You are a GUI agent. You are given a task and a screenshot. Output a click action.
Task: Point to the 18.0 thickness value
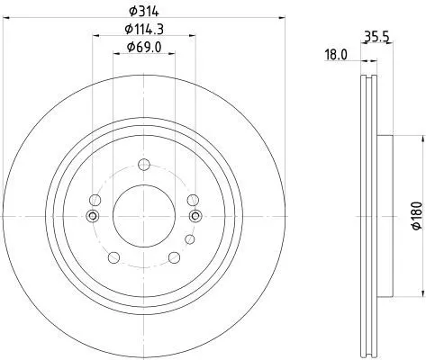pos(336,55)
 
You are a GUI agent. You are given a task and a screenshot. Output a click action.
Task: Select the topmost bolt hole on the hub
pos(144,164)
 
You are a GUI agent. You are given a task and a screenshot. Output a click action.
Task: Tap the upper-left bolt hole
pos(96,199)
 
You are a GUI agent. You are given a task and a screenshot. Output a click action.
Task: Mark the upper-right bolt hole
pos(192,199)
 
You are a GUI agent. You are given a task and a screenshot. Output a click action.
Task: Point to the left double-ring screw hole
pos(91,215)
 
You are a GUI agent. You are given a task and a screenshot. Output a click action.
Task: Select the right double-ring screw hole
pos(197,215)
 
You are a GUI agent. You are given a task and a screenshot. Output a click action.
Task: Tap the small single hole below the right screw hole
pos(189,238)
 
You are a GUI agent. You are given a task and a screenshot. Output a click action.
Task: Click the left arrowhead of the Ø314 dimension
pos(5,16)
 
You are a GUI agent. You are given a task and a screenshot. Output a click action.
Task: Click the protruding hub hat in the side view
pos(385,216)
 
